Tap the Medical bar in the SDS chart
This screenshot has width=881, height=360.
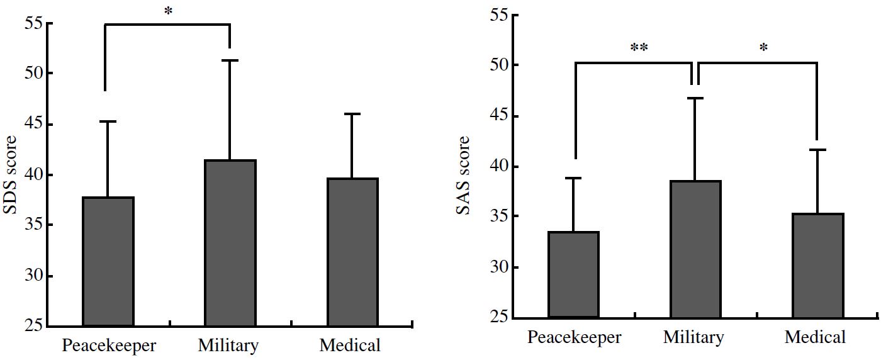[x=352, y=252]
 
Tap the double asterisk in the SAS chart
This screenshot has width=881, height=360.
[x=639, y=48]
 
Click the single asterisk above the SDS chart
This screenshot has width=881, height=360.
[x=169, y=11]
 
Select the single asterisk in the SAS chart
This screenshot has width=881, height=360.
[x=763, y=48]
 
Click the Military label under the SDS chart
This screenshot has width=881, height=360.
[x=228, y=346]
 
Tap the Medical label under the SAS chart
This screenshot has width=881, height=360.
[x=815, y=337]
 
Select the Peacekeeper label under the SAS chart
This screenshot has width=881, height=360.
[x=574, y=337]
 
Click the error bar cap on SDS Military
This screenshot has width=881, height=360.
[x=230, y=60]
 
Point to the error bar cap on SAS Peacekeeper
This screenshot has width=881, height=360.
[x=573, y=178]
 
